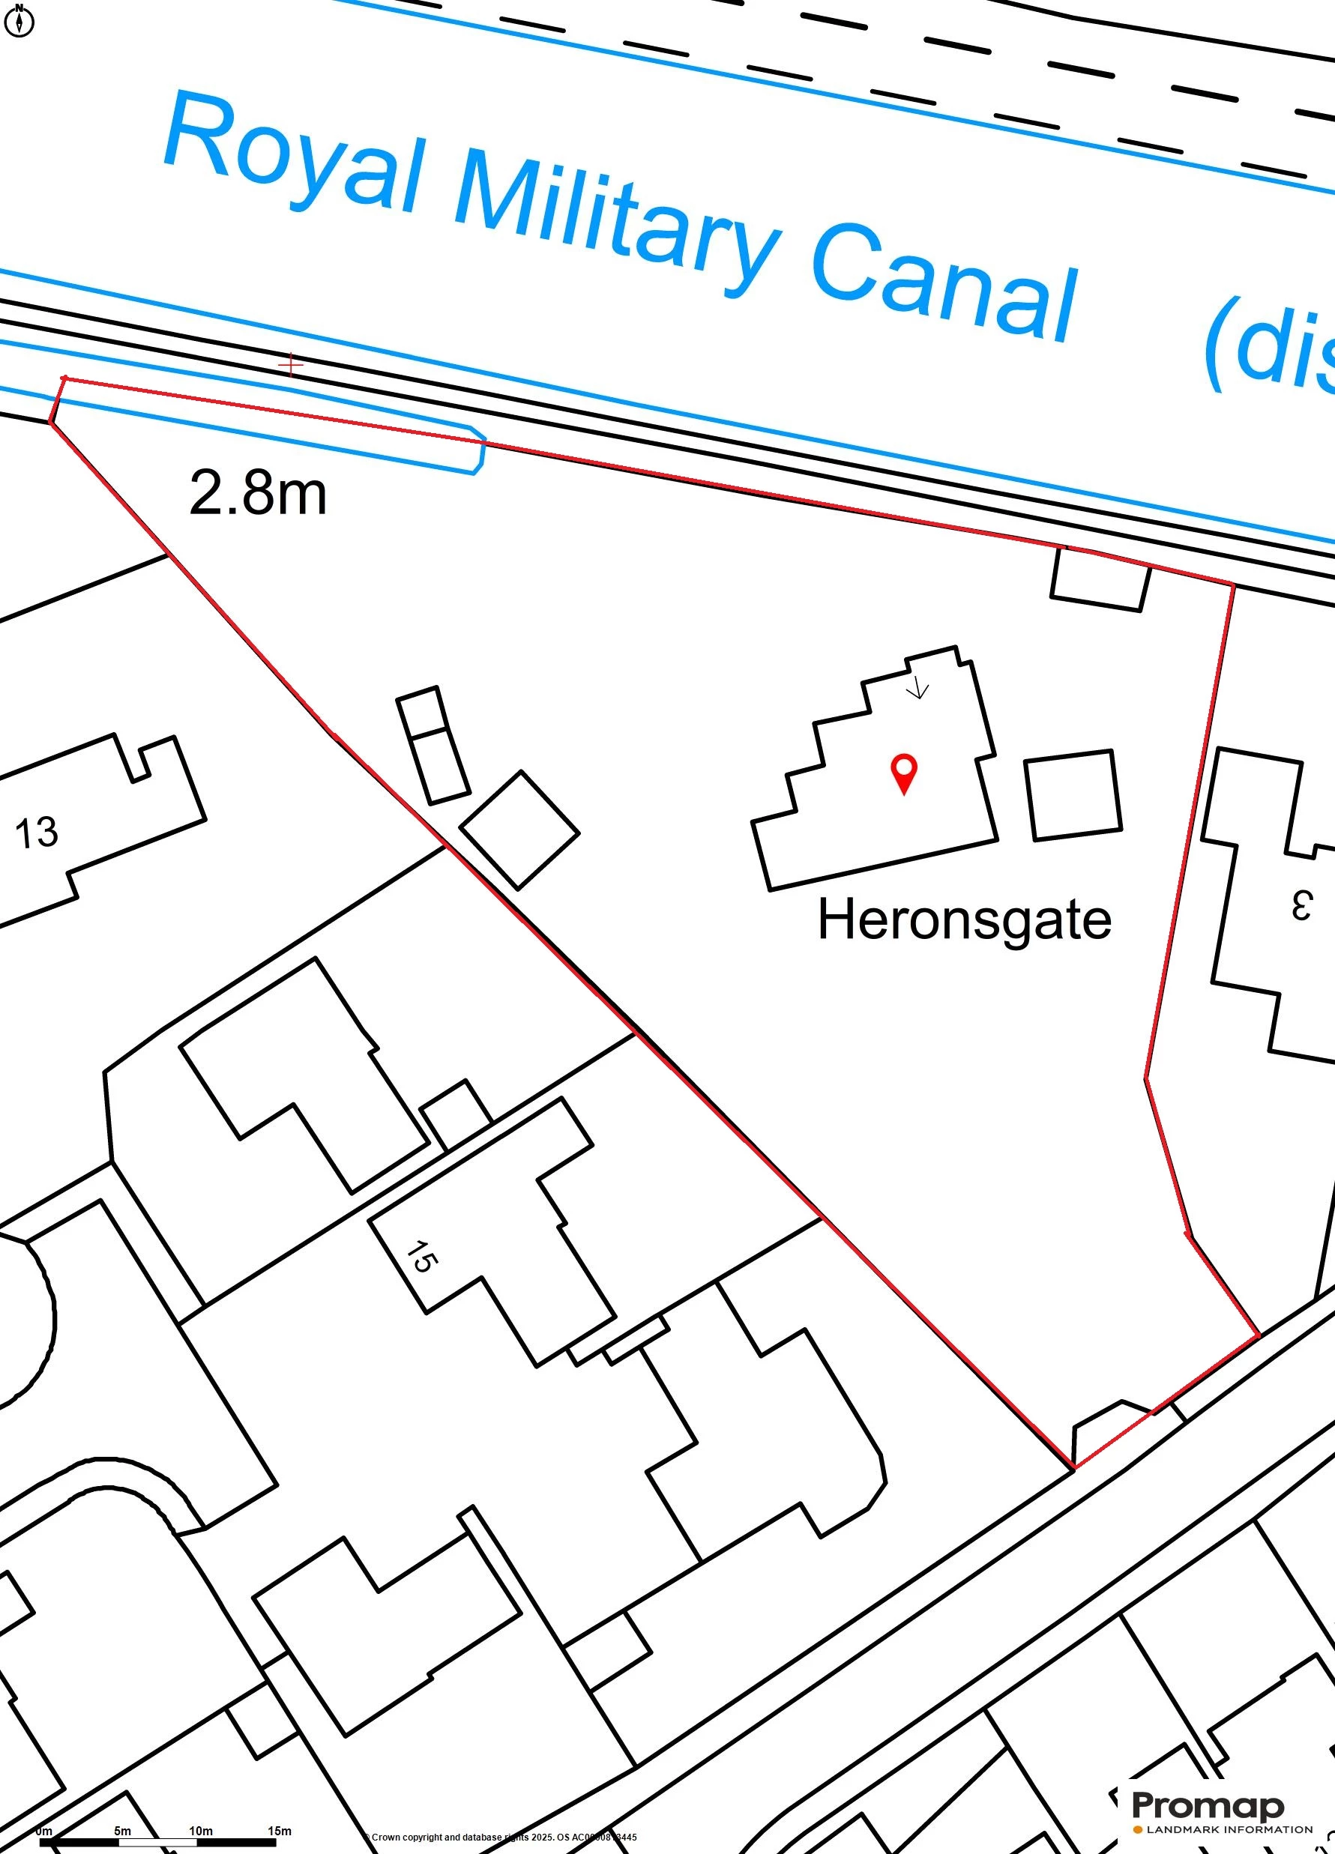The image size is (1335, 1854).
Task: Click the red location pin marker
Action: [x=903, y=772]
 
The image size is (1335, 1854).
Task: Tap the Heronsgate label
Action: [x=964, y=920]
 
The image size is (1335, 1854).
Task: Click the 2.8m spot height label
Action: [x=258, y=493]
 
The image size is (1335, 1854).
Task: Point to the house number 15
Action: [x=421, y=1257]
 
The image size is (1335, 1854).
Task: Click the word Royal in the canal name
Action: [x=295, y=160]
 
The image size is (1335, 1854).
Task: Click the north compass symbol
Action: [x=19, y=21]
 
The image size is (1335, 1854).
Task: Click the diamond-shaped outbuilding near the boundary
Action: [x=520, y=830]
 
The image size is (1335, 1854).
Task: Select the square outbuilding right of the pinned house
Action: [x=1073, y=794]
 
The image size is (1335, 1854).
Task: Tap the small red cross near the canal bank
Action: [x=290, y=365]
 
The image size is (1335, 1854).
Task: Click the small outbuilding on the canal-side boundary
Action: [x=1100, y=579]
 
